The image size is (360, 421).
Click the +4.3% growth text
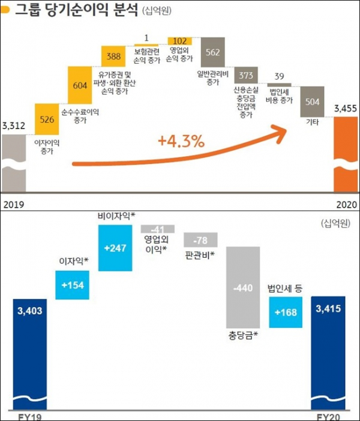[181, 142]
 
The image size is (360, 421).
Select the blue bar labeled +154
[72, 284]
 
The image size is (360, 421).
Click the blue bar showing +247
[115, 247]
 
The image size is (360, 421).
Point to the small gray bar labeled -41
[157, 229]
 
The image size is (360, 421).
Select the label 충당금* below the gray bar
[242, 335]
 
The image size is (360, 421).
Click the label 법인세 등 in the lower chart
[284, 288]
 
